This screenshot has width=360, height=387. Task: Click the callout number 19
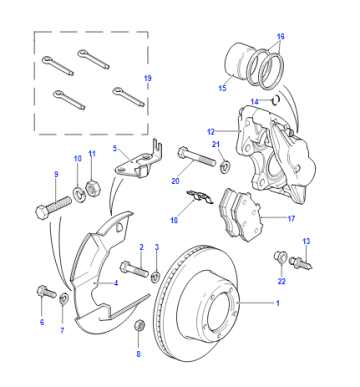148,78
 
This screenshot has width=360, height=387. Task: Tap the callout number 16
280,36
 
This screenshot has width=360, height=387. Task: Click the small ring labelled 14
276,99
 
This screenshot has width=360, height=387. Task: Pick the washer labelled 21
225,166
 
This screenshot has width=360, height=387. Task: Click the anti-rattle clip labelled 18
199,197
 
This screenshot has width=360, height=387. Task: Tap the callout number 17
291,219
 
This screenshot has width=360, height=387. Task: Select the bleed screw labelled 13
301,262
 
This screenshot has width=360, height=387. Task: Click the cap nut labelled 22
279,256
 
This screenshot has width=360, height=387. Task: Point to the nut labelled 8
139,325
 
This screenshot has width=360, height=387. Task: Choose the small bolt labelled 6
46,292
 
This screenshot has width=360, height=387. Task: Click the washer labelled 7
64,298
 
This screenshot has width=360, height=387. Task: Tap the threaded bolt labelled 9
53,207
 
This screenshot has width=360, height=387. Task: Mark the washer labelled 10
79,193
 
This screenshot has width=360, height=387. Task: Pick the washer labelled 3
156,277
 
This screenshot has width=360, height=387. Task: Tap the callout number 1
277,303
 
